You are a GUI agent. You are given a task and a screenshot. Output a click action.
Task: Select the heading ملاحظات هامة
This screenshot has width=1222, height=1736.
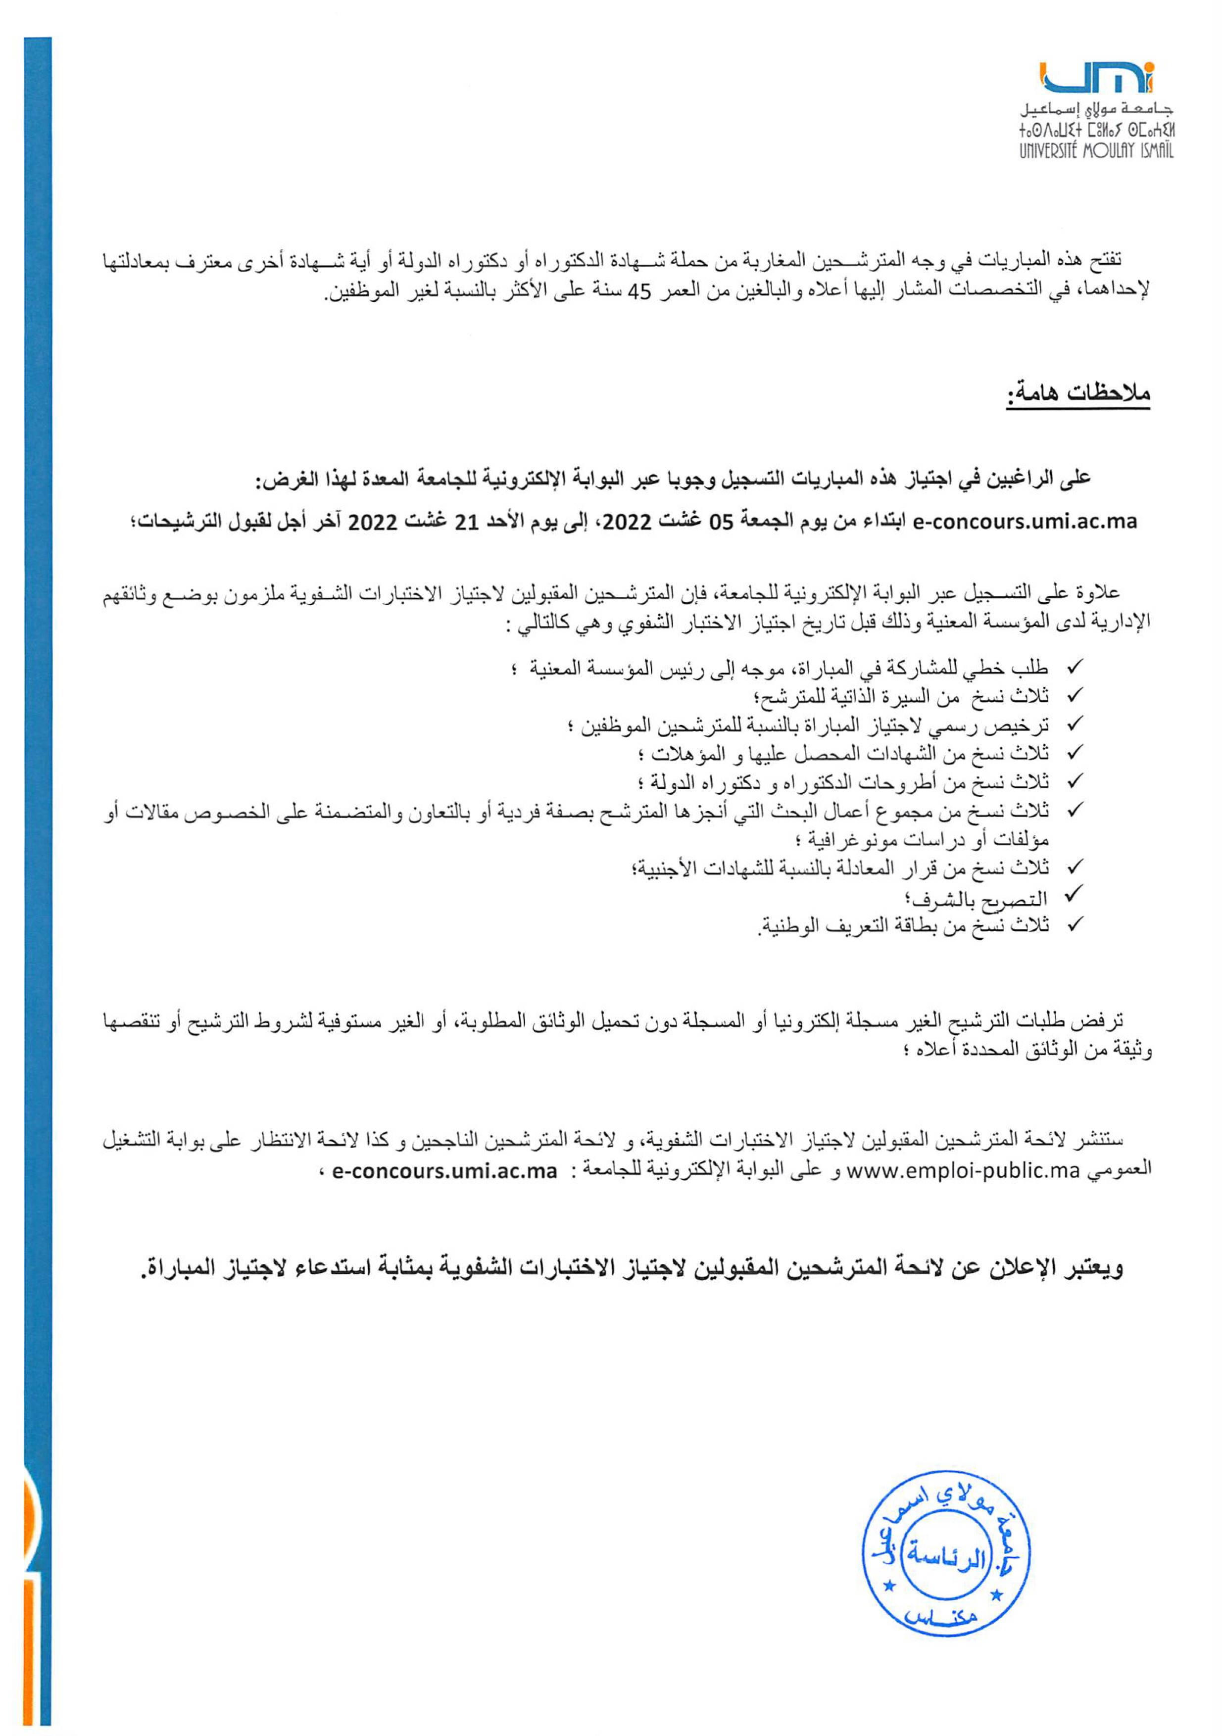[x=1077, y=394]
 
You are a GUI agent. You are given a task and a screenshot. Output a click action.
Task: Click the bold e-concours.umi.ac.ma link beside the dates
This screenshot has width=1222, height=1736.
[x=1026, y=522]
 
